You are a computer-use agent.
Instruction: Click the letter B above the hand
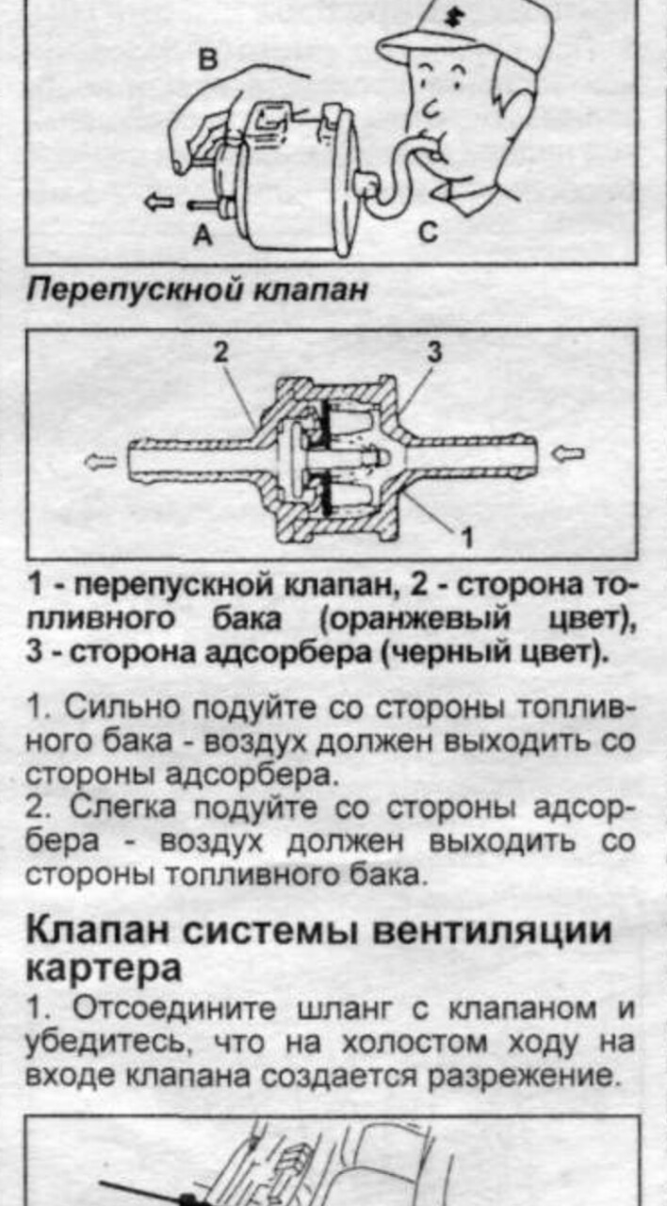click(x=208, y=59)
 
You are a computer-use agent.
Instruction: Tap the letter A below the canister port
click(x=203, y=235)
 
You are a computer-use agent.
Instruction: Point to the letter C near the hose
click(x=428, y=233)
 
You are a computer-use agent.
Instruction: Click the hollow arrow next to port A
click(x=159, y=203)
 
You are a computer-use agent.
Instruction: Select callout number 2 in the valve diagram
click(x=220, y=352)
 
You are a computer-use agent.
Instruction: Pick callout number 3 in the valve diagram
click(x=434, y=352)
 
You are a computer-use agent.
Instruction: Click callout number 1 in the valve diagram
click(x=467, y=537)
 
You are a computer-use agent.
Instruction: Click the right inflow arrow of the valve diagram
click(x=568, y=455)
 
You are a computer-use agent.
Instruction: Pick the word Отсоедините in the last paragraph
click(x=174, y=1008)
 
